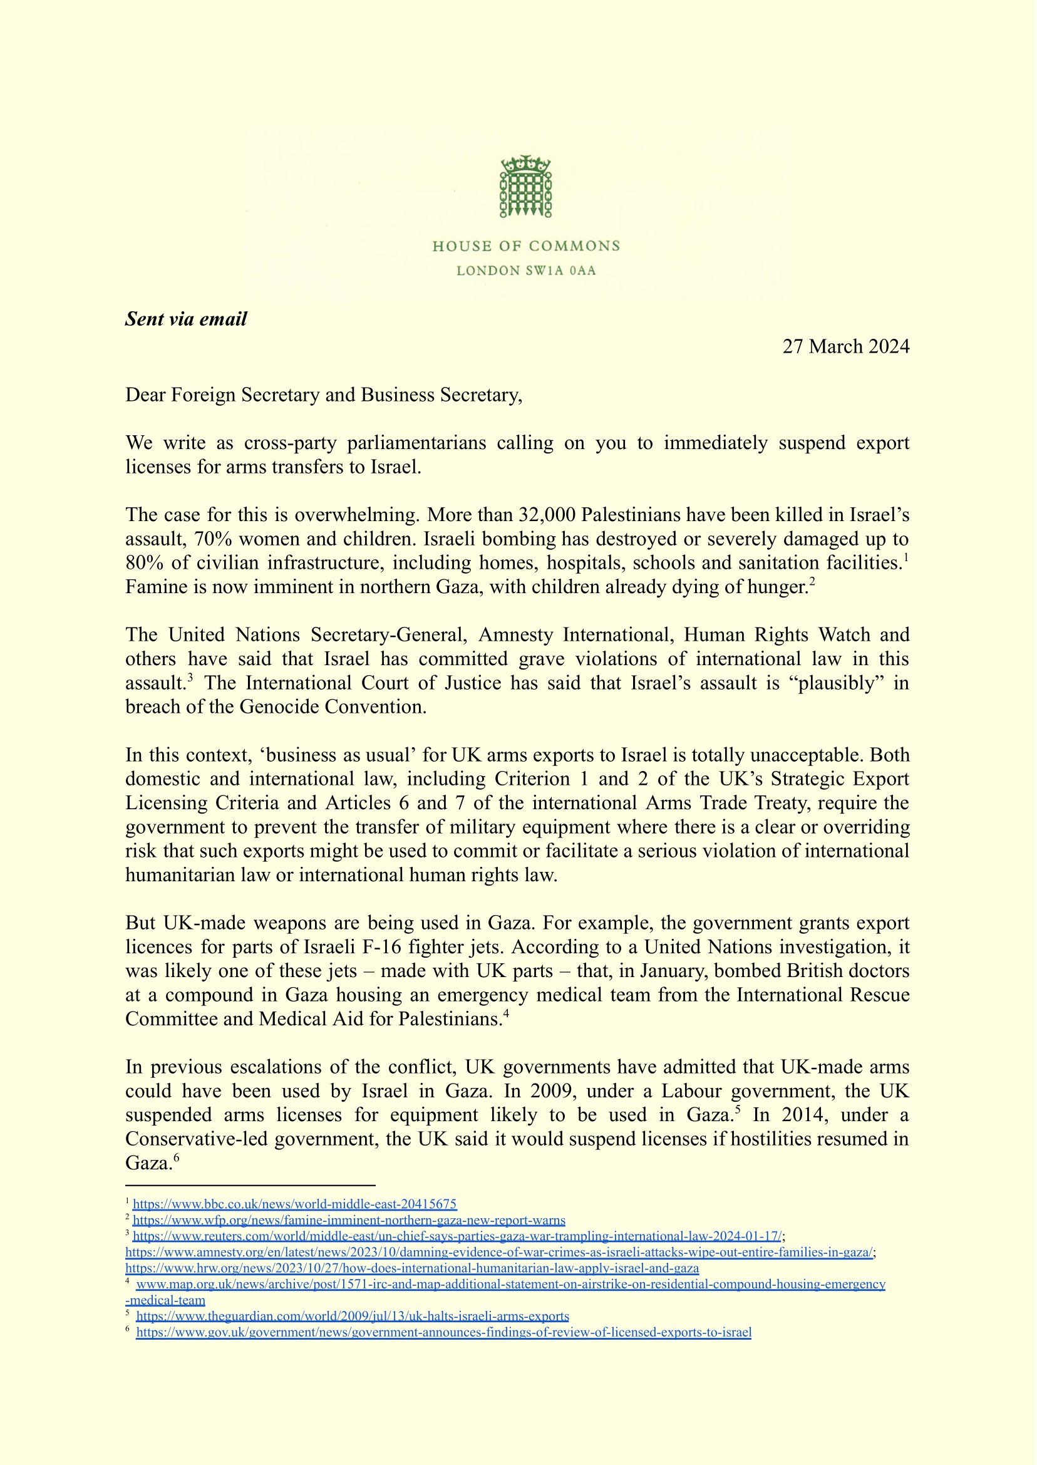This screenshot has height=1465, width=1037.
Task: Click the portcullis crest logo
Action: click(525, 186)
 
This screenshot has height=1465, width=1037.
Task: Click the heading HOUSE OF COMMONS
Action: click(525, 246)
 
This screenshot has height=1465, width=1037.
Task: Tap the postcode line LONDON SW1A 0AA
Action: click(525, 271)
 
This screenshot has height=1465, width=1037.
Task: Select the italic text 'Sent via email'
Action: click(186, 319)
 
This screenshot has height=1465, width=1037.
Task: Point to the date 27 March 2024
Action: click(845, 346)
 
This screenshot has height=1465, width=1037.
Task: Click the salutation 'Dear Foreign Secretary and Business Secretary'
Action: click(323, 395)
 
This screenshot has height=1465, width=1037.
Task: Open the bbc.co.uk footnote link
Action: click(294, 1204)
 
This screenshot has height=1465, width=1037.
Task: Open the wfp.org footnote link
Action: click(349, 1219)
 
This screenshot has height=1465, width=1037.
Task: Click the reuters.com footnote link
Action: click(457, 1236)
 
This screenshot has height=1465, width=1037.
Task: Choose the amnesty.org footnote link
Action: click(498, 1251)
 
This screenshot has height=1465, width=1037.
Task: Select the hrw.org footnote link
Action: click(412, 1268)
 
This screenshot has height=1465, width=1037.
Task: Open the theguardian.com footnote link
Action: click(353, 1315)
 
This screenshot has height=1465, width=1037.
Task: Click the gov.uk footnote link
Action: click(444, 1332)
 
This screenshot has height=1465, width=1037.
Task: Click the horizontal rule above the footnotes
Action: click(250, 1185)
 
